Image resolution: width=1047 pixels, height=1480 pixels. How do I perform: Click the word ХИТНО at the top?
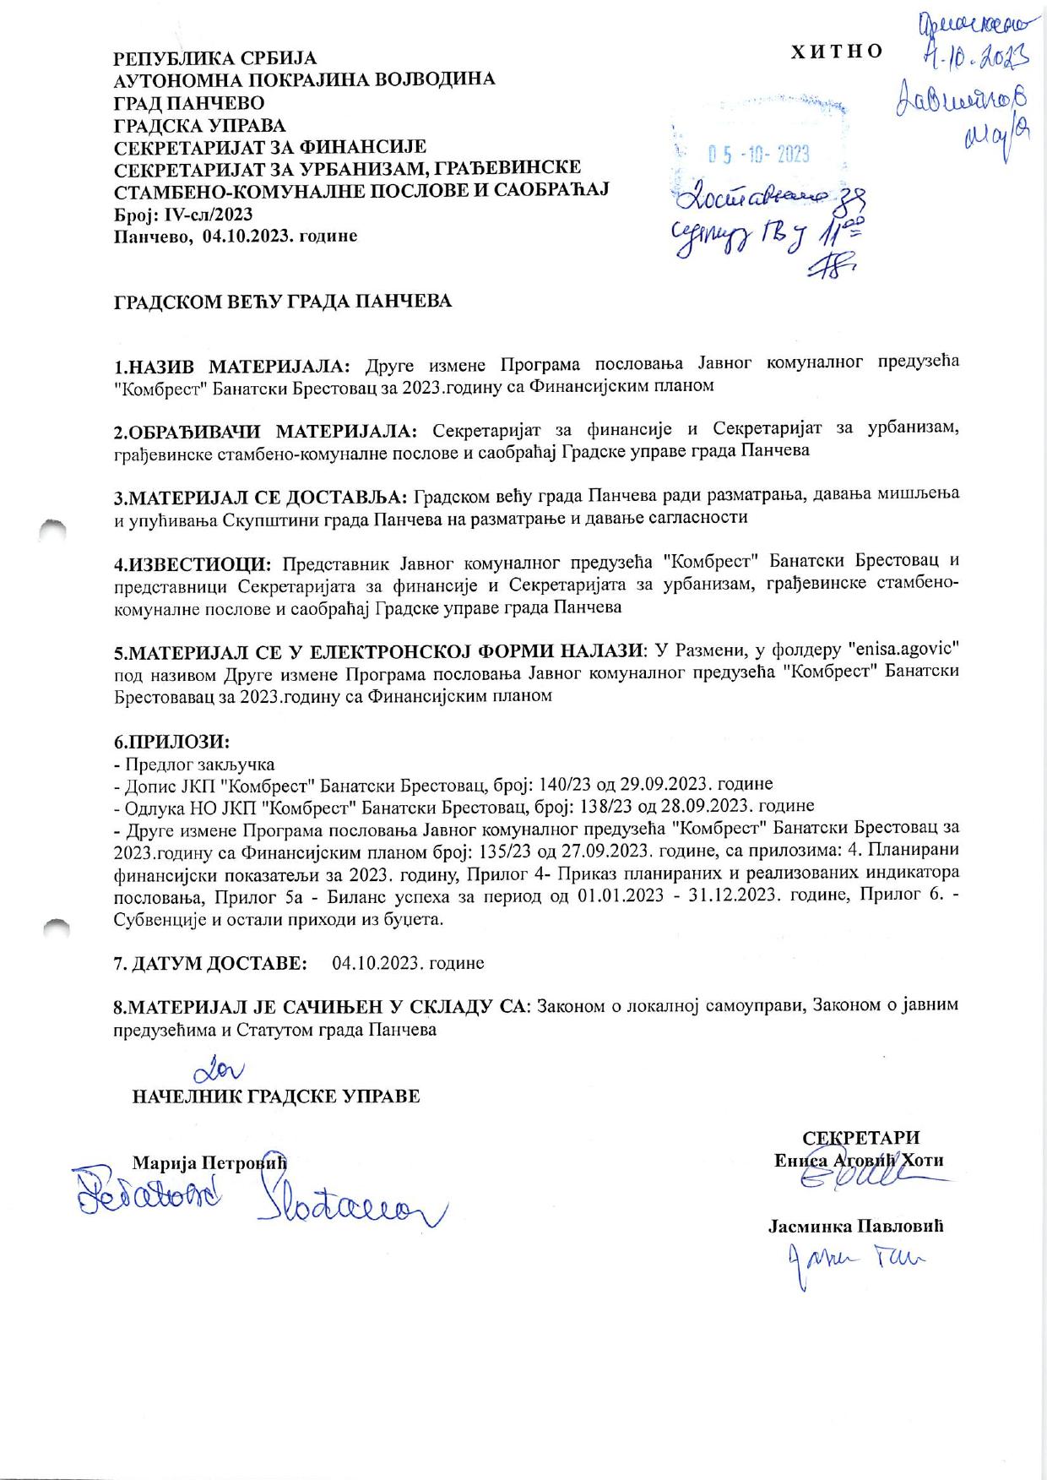(x=836, y=51)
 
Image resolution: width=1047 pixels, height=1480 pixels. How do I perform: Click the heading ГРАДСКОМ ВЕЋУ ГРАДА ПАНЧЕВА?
(x=283, y=302)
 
